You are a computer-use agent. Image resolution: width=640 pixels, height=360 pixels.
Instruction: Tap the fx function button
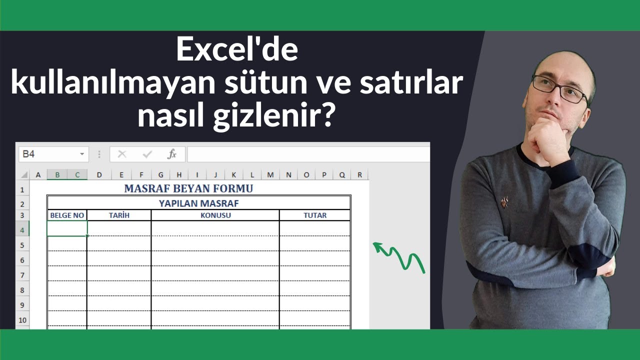pos(172,154)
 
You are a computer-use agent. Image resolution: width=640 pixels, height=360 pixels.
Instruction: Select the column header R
pos(359,175)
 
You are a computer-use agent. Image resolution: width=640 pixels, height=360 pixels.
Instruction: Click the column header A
pos(38,175)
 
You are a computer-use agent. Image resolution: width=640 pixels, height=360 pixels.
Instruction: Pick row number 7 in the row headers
pos(22,274)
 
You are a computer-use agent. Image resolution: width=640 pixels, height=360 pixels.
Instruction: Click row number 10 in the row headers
pos(22,319)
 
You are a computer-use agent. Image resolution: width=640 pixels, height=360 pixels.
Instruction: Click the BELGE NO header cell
pos(67,215)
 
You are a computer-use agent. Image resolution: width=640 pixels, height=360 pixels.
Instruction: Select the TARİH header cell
pos(119,215)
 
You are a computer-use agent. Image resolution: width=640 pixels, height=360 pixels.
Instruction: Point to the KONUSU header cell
pos(215,215)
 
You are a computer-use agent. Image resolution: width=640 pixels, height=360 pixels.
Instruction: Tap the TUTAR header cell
pos(315,215)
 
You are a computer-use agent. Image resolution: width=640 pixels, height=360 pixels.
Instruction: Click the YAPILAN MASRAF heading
pos(198,203)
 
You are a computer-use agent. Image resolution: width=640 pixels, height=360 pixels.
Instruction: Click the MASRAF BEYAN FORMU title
pos(188,188)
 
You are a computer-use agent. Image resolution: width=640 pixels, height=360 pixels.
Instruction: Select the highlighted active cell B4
pos(67,228)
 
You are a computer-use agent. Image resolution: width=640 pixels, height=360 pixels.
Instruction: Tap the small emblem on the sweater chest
pos(504,202)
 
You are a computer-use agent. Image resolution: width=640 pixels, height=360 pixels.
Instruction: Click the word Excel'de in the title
pos(237,51)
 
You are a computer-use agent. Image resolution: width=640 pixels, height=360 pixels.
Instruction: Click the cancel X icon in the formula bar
pos(122,154)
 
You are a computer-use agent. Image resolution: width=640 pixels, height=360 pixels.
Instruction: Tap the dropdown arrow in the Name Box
pos(82,154)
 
